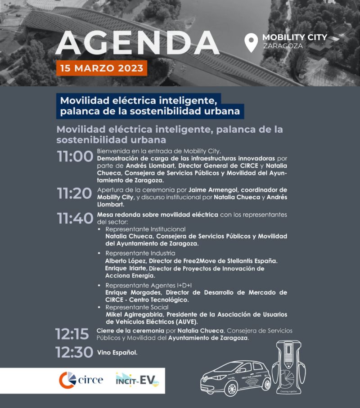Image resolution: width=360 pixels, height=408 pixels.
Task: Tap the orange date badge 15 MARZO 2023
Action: tap(102, 69)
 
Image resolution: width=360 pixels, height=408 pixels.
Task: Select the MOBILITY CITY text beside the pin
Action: tap(295, 37)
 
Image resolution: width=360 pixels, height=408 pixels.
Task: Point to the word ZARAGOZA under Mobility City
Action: tap(283, 46)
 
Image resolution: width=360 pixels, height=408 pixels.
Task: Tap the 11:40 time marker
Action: tap(75, 219)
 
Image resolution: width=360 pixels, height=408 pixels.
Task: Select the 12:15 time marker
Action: tap(72, 334)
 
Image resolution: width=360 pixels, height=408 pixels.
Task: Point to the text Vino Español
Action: tap(117, 352)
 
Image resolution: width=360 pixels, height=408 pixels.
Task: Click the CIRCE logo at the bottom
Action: tap(81, 381)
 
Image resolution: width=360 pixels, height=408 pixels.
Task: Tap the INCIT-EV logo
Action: tap(137, 381)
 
